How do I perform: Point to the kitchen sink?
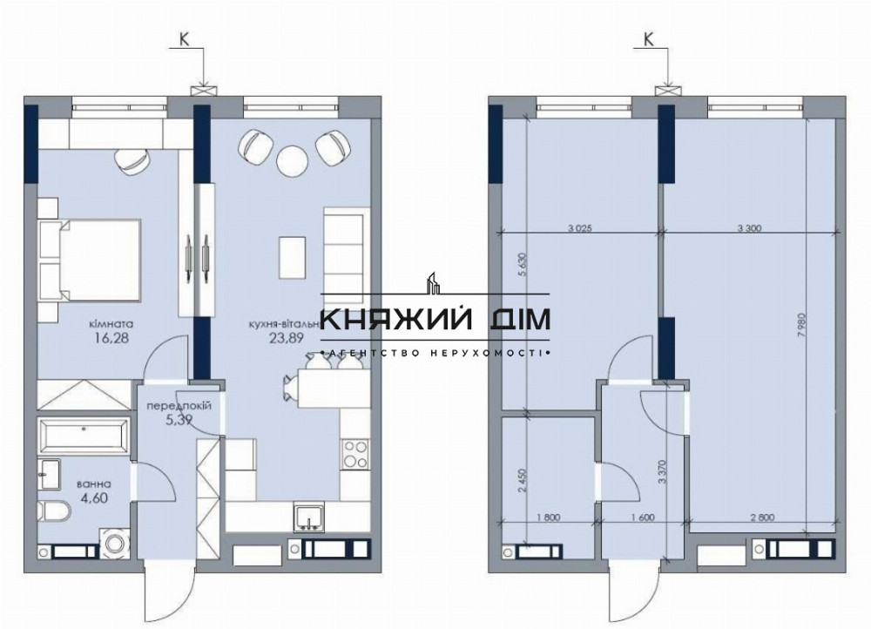click(307, 518)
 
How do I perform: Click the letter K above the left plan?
click(184, 38)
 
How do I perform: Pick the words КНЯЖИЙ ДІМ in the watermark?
click(435, 321)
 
